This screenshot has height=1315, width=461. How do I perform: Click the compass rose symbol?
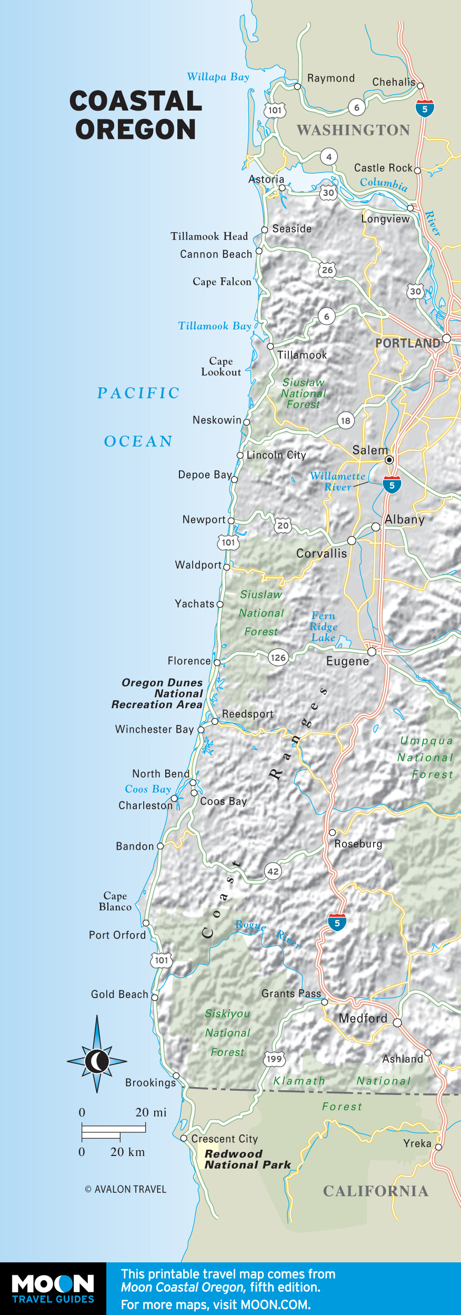(97, 1061)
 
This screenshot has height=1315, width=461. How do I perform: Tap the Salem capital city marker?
(389, 460)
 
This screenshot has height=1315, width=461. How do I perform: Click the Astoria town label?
(266, 180)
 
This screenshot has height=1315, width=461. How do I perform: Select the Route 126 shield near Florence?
(278, 657)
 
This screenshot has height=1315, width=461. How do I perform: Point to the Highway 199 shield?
(274, 1059)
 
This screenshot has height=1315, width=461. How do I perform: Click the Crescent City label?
(225, 1139)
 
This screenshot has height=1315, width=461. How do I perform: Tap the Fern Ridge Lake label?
(323, 626)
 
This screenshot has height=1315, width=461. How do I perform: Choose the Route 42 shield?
(273, 871)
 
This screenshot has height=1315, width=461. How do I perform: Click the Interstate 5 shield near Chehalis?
(425, 108)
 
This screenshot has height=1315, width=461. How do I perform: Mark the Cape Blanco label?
(115, 901)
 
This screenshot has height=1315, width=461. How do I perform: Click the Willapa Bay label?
(218, 77)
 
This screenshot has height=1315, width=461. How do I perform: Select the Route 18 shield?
(345, 421)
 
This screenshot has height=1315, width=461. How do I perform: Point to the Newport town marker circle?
(231, 521)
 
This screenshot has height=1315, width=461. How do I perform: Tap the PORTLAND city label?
(407, 343)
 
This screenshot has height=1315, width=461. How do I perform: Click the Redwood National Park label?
(247, 1159)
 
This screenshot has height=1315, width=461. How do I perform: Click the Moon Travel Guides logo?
(53, 1288)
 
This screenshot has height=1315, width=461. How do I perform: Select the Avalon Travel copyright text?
(125, 1189)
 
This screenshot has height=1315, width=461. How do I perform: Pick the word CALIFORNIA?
(376, 1191)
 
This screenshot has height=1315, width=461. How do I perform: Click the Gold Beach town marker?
(155, 997)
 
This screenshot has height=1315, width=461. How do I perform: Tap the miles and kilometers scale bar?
(113, 1131)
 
